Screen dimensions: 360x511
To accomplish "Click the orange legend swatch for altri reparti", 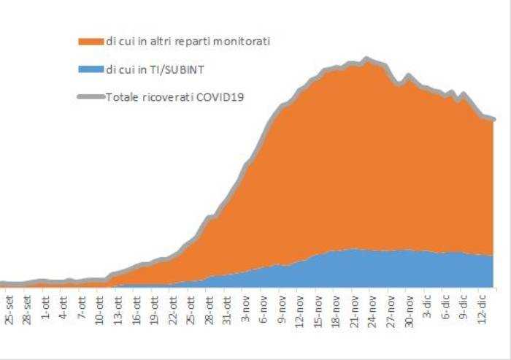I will click(x=91, y=42).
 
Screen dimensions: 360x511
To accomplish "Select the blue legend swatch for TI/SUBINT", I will click(x=91, y=69).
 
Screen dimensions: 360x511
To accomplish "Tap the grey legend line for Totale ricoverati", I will click(x=91, y=96).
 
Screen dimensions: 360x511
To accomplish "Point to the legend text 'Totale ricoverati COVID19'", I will click(x=174, y=96).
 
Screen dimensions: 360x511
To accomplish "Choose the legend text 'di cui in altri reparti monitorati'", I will click(x=188, y=42).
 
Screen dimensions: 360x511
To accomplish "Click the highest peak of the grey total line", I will click(x=366, y=58).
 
